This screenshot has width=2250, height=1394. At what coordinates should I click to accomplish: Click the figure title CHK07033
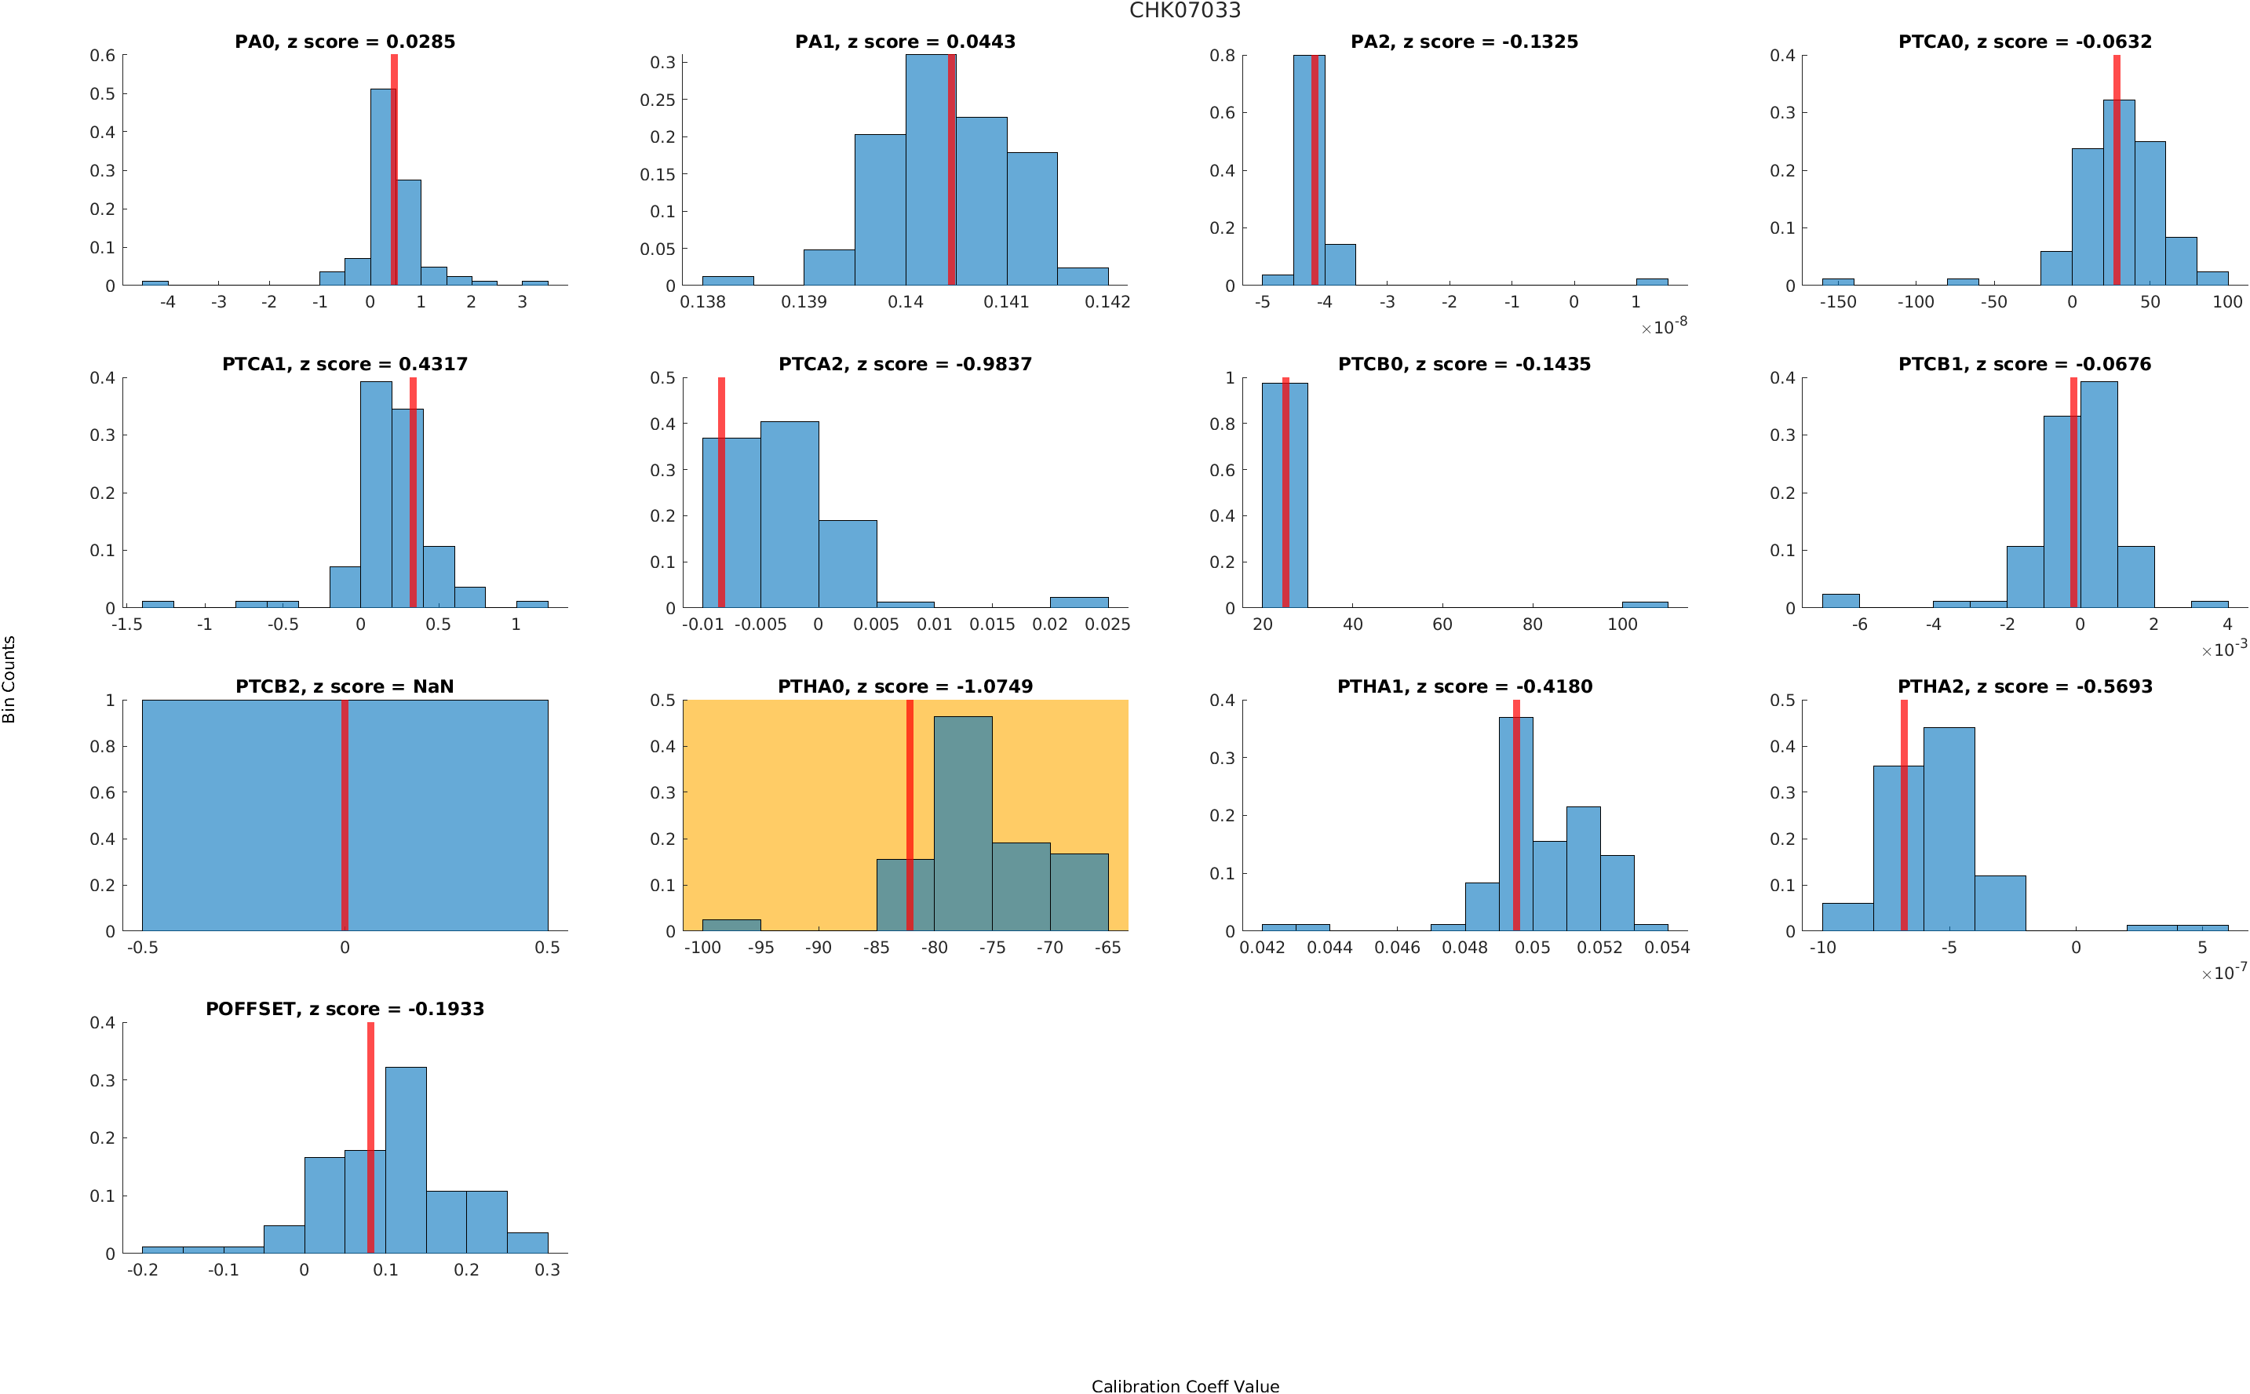[1184, 11]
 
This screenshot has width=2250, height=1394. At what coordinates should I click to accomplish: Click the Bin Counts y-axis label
[9, 679]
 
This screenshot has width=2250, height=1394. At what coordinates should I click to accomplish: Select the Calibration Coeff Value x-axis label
[1184, 1385]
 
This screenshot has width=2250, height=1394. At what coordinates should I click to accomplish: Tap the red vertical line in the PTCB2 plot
[345, 815]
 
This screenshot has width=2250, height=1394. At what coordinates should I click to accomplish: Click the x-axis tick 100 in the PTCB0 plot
[1622, 624]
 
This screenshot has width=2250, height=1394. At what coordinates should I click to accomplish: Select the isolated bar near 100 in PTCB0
[1644, 605]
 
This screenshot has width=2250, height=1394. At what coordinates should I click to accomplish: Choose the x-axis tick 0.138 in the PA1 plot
[702, 301]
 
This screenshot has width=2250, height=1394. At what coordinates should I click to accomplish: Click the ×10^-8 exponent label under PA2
[1665, 326]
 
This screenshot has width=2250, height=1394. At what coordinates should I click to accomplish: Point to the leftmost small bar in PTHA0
[731, 925]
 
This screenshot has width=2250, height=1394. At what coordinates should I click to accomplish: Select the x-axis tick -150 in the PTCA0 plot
[1837, 301]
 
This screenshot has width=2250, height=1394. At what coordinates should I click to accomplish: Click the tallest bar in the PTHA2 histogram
[1949, 829]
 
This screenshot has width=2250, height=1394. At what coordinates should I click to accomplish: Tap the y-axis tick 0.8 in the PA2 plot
[1222, 56]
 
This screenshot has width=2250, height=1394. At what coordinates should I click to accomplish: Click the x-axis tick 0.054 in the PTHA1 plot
[1667, 947]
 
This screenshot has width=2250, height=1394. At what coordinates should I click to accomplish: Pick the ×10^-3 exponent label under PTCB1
[2224, 649]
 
